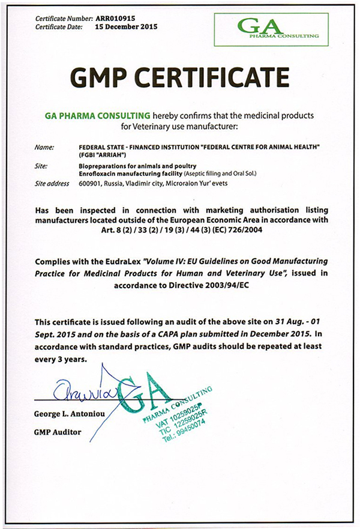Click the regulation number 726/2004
click(272, 229)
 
